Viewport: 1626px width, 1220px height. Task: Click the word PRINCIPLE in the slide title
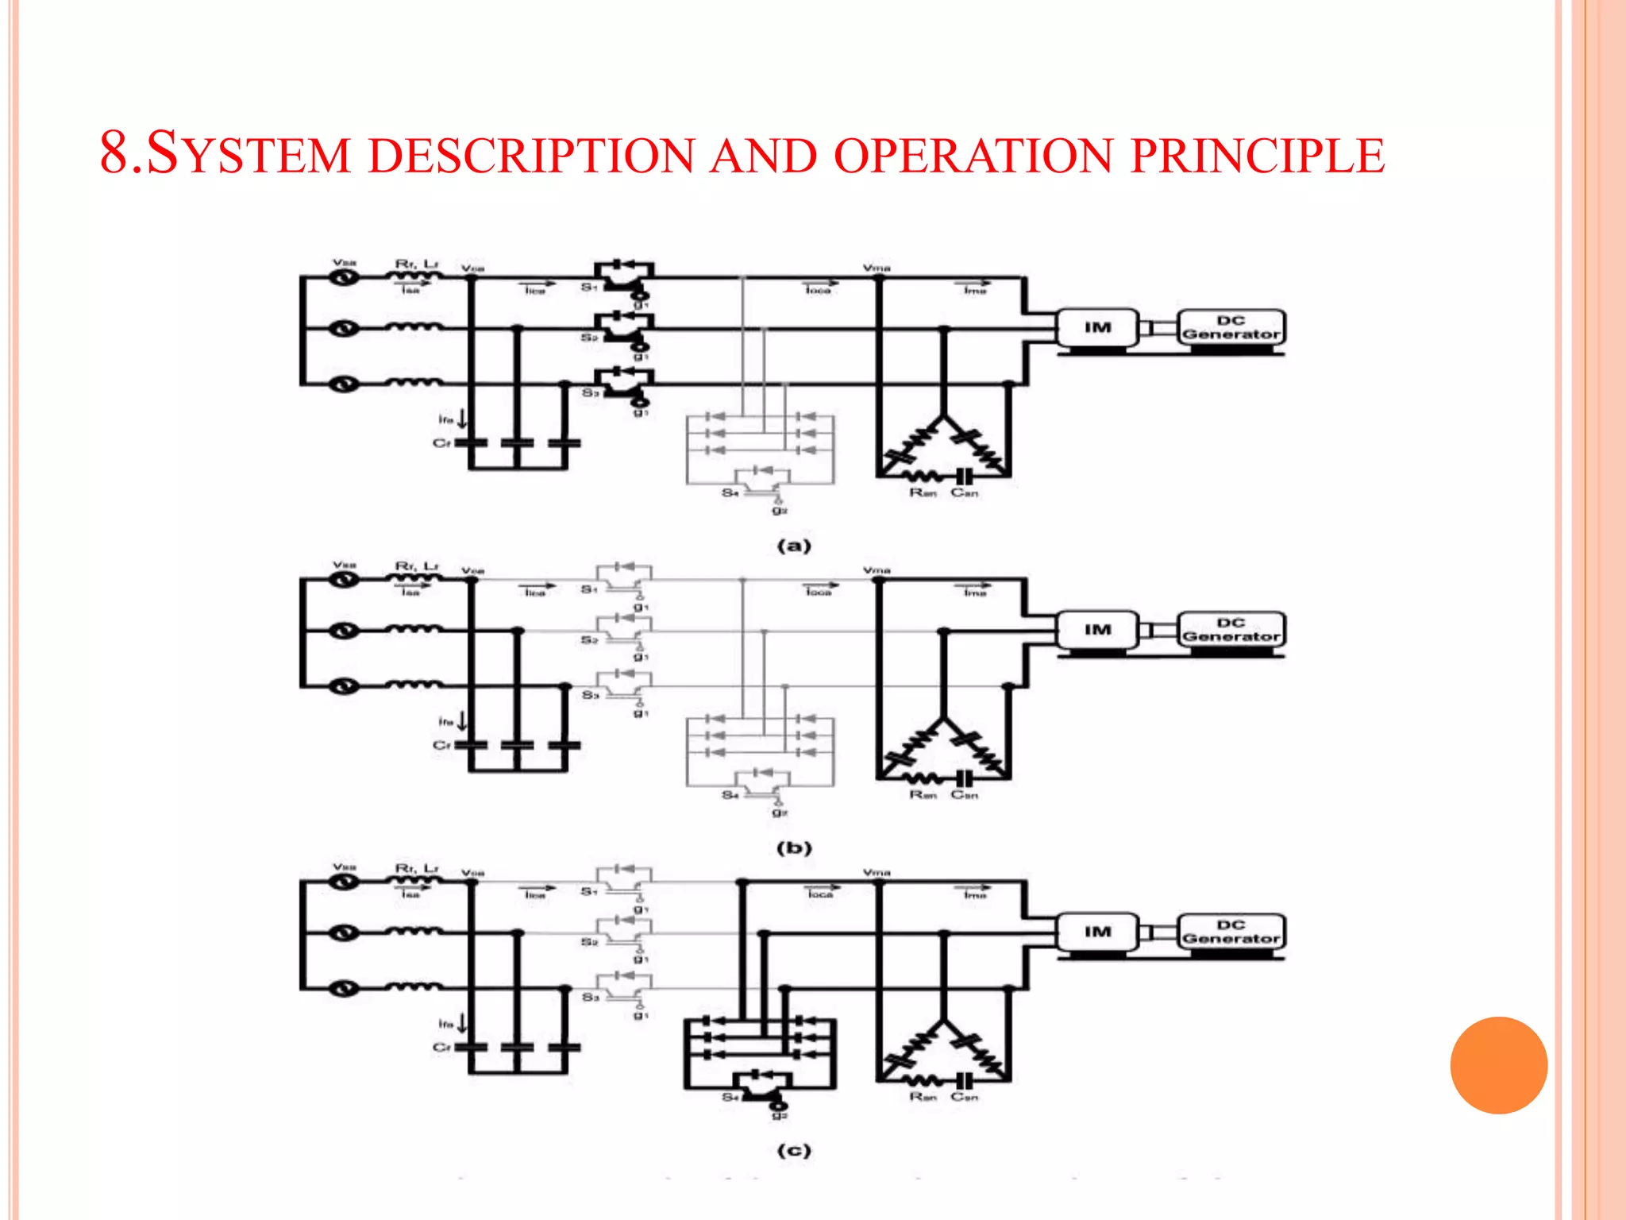1258,156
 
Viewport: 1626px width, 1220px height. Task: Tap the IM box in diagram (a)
1097,327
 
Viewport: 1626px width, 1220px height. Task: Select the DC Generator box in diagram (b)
1231,630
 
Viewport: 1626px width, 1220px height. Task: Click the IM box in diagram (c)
1097,932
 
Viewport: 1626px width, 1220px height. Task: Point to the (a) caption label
794,546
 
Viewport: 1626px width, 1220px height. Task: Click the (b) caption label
794,847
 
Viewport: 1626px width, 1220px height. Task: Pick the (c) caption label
794,1150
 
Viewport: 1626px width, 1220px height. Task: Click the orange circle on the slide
1498,1065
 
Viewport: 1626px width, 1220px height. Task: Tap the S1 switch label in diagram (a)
588,287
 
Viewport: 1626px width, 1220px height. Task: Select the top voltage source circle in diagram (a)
344,277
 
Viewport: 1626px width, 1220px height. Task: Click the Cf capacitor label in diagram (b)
441,745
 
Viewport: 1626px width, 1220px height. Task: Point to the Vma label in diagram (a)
877,268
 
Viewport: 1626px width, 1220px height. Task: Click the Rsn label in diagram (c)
923,1097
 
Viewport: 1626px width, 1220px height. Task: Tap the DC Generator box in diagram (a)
1231,327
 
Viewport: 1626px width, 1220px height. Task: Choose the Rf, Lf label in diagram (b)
417,566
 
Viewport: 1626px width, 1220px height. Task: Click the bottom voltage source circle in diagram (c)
344,989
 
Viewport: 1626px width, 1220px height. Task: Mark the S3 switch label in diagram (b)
589,695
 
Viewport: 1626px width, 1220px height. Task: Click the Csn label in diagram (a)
965,493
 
